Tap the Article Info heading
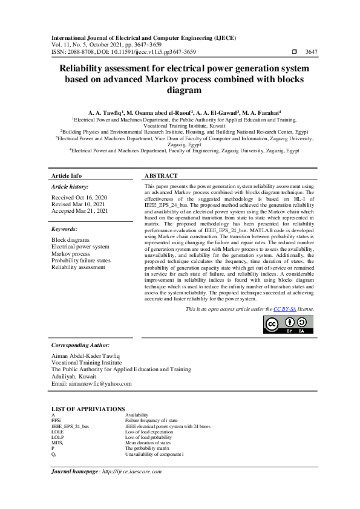click(x=67, y=175)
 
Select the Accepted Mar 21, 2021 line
click(x=79, y=211)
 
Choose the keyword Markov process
click(x=71, y=253)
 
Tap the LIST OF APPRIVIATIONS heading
click(x=88, y=409)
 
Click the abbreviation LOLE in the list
click(x=58, y=432)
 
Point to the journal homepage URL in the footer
click(x=131, y=471)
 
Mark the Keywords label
click(x=64, y=230)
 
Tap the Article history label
click(x=70, y=187)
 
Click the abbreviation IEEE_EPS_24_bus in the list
click(x=70, y=426)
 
